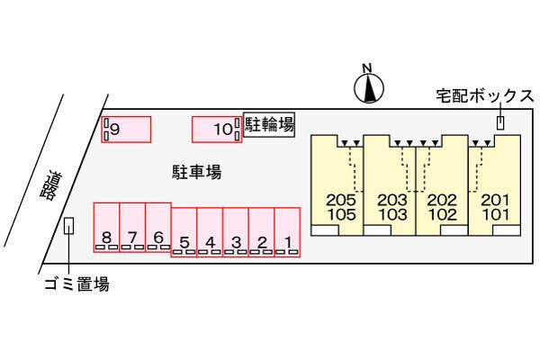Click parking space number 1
click(x=287, y=232)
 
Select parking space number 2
click(x=262, y=232)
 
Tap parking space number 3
click(x=236, y=232)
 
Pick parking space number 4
click(x=210, y=232)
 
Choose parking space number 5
click(x=184, y=232)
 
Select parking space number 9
click(x=125, y=129)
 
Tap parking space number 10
click(x=217, y=129)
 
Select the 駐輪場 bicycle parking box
click(x=269, y=124)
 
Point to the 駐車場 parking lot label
click(x=197, y=171)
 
